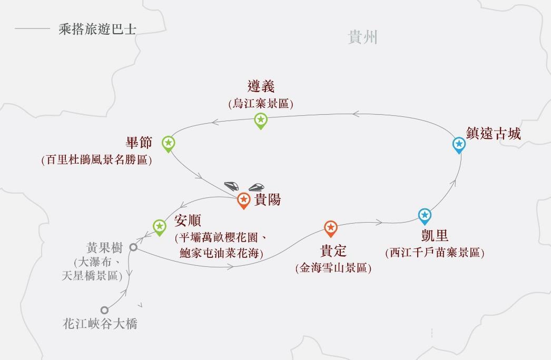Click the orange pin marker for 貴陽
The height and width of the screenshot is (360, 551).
[x=243, y=199]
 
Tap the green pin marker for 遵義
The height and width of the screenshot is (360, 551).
[x=260, y=120]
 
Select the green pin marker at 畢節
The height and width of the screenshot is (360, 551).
[x=168, y=143]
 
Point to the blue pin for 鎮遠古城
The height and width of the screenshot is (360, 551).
[x=459, y=144]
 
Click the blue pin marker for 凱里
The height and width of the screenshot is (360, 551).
[x=425, y=215]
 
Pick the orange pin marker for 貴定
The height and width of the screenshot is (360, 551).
[x=330, y=227]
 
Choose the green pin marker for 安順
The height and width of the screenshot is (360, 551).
[x=159, y=226]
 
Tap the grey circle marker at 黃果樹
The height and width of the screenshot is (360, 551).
[x=134, y=247]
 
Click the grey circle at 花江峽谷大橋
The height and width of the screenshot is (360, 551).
[x=105, y=310]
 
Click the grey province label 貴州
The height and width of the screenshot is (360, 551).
[x=362, y=37]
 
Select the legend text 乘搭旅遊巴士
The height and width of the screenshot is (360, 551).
[x=97, y=29]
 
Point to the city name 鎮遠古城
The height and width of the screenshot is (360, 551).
[x=494, y=134]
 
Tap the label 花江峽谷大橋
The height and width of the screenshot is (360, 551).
[x=100, y=324]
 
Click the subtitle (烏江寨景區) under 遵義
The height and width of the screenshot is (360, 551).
[x=261, y=104]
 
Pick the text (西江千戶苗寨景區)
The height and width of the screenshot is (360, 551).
[x=435, y=253]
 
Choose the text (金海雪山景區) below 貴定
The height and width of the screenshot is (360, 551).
[x=333, y=268]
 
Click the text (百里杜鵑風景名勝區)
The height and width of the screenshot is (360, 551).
[x=96, y=160]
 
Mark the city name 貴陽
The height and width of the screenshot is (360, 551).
[x=268, y=200]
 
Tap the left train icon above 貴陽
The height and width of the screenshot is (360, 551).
[x=232, y=186]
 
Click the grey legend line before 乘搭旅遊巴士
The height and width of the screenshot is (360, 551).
[x=32, y=29]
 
